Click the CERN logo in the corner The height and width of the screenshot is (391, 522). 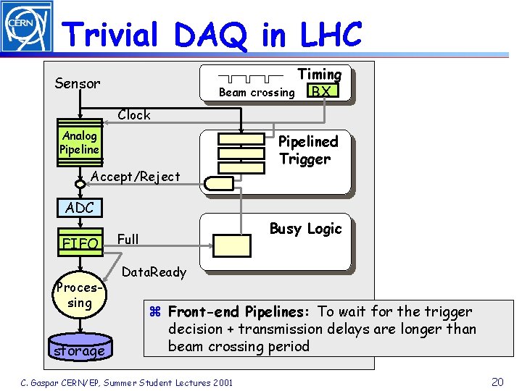coord(26,26)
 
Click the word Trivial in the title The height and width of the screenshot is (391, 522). coord(109,34)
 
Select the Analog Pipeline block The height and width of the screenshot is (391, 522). coord(80,143)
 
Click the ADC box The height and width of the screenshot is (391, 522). coord(80,208)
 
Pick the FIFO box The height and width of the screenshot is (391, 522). coord(80,243)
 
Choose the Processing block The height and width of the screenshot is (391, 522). coord(80,295)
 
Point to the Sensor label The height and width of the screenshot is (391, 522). coord(78,83)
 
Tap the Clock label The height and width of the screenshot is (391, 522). coord(133,115)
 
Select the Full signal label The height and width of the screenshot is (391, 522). coord(128,239)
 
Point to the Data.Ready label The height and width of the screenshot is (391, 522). coord(154,272)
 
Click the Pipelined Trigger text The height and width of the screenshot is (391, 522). coord(307,150)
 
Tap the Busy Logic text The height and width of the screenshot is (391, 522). coord(305,229)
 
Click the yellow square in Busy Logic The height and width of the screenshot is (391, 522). coord(231,245)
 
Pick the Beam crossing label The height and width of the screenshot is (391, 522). coord(257,92)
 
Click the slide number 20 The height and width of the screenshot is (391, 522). coord(497,382)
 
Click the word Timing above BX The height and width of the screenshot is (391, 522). coord(319,74)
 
